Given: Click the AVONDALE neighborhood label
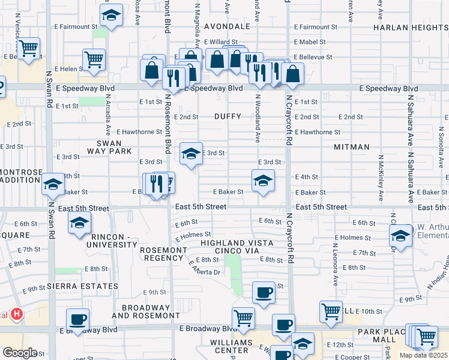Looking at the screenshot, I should click(x=226, y=26).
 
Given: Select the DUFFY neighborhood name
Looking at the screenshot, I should click(x=228, y=116).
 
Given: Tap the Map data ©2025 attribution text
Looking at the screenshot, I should click(x=423, y=355).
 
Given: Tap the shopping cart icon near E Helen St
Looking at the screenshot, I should click(x=94, y=60).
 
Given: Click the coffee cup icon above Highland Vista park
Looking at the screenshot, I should click(x=264, y=292).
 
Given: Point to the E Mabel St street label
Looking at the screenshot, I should click(x=310, y=42).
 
